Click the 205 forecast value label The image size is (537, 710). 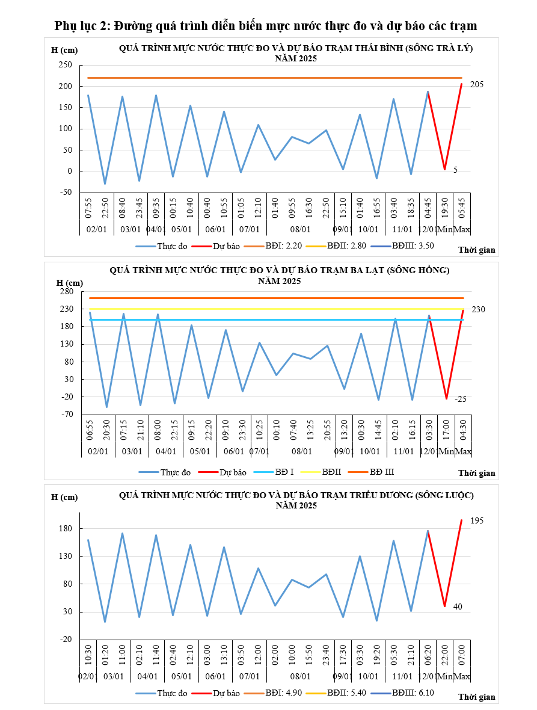point(477,85)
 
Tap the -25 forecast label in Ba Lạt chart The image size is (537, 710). point(461,399)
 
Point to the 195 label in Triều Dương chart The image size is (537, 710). point(477,520)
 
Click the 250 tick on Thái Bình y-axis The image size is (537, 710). point(65,65)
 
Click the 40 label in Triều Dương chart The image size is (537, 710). point(458,607)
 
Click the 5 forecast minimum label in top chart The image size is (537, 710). point(455,170)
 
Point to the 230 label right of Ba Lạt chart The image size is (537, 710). point(478,309)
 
